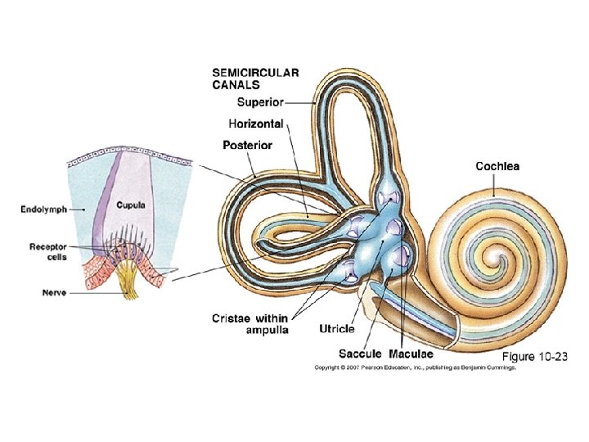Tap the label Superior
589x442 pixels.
tap(259, 102)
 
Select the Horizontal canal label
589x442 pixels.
tap(255, 124)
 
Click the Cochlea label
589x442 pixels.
tap(497, 166)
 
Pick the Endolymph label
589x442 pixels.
tap(43, 210)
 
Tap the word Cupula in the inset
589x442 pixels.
tap(130, 205)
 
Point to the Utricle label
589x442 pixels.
tap(337, 329)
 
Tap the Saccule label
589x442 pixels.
tap(360, 354)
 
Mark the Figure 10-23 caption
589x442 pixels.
tap(533, 357)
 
